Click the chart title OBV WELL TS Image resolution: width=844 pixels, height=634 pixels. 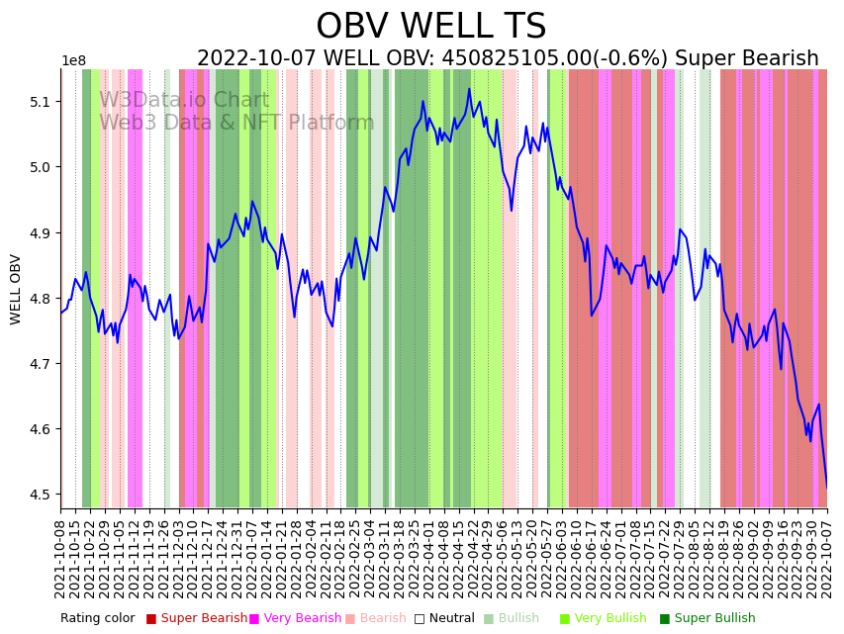click(430, 27)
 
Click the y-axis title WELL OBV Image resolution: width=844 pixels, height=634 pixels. click(16, 289)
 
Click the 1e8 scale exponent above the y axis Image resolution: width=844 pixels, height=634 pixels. click(73, 61)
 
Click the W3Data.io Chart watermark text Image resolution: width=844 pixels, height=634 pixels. click(184, 100)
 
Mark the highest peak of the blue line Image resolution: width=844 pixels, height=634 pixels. click(469, 89)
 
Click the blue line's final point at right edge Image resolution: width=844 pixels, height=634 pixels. click(827, 487)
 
